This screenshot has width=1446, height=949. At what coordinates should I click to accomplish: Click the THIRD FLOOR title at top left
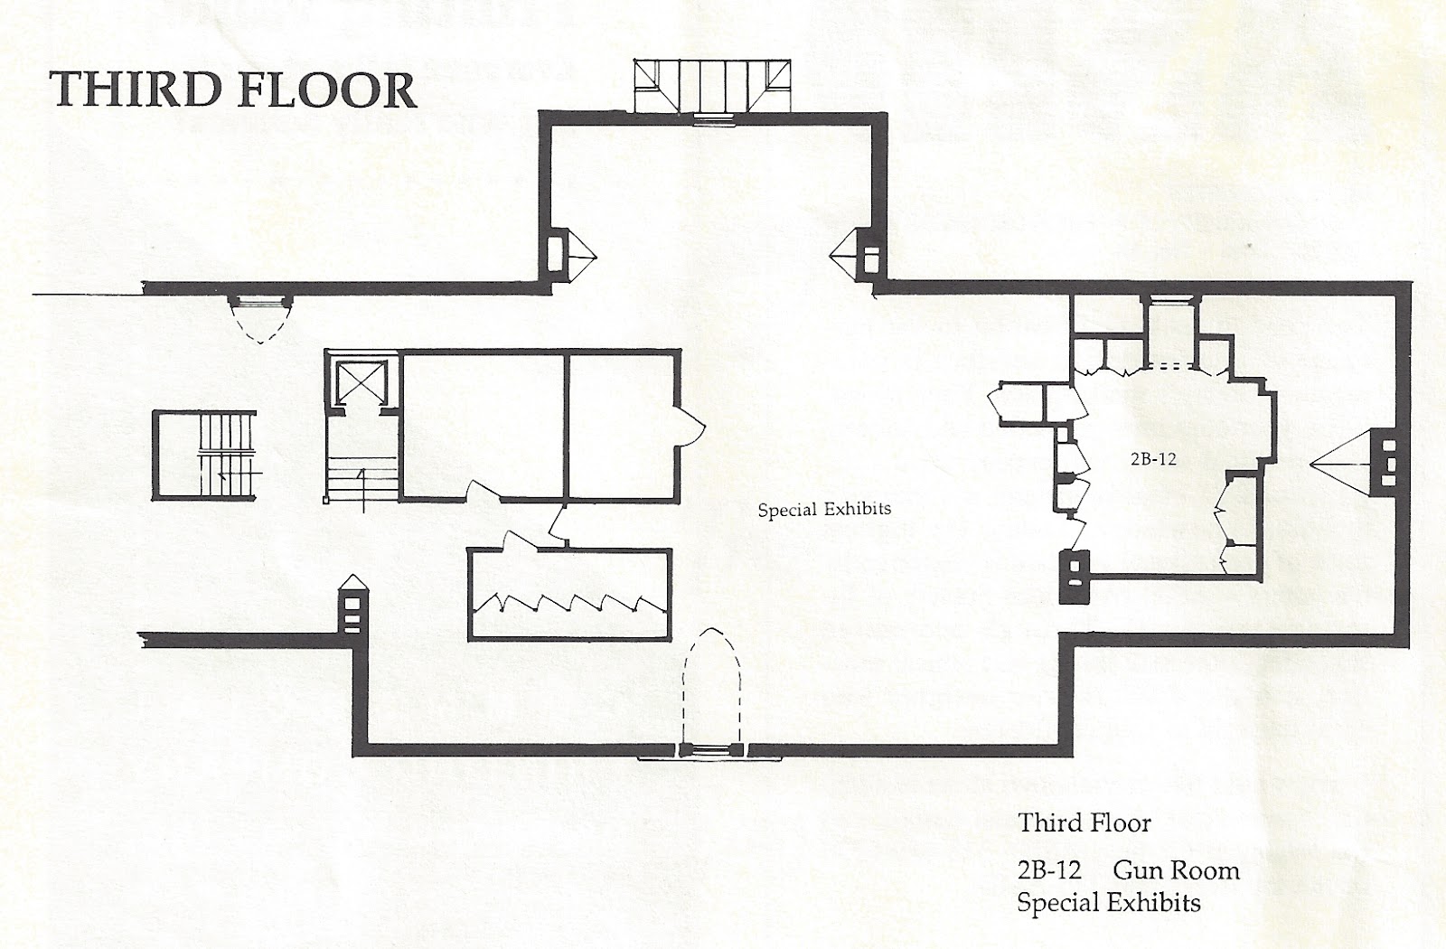233,90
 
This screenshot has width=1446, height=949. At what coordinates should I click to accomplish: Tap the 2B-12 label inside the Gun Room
1152,459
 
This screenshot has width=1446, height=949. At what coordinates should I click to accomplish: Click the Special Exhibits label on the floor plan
824,510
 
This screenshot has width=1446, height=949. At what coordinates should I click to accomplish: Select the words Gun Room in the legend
1175,871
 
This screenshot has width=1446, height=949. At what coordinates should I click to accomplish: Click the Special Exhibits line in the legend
1108,903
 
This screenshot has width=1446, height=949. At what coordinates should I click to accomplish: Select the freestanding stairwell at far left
204,455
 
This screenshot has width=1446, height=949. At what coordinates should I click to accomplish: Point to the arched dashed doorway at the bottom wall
712,687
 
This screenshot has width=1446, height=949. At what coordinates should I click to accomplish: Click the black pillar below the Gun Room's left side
1075,577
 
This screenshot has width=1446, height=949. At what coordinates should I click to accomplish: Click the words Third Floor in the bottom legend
1084,823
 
